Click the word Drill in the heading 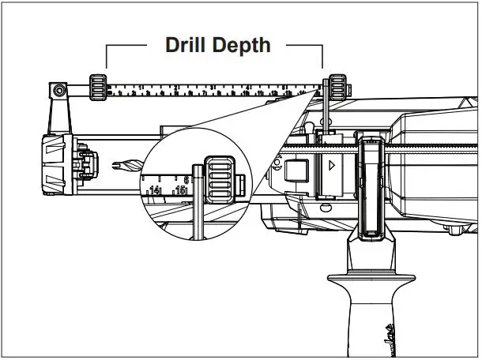(x=187, y=44)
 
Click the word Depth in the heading (x=241, y=45)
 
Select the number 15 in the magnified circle (x=180, y=190)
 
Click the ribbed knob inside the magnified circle (x=219, y=179)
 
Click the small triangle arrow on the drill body (x=332, y=166)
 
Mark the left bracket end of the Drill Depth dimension (x=107, y=57)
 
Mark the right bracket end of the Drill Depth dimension (x=322, y=57)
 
